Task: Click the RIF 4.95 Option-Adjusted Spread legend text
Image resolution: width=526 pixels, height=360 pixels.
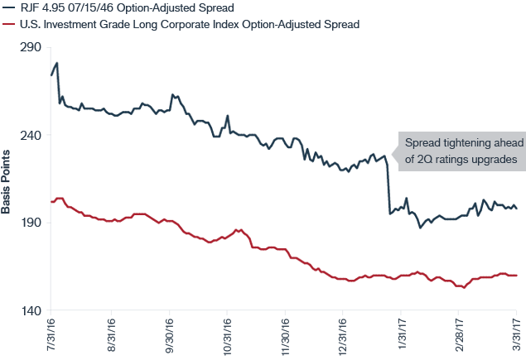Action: [x=125, y=7]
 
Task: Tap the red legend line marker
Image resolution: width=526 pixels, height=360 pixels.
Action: [x=7, y=25]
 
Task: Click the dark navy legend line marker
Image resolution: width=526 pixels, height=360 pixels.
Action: [x=7, y=7]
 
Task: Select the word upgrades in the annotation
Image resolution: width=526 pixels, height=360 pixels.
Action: [x=494, y=158]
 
